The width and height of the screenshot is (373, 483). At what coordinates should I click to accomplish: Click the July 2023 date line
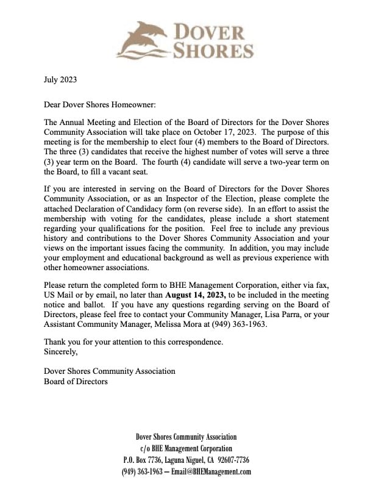61,79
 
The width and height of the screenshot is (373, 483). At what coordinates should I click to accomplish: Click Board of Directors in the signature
76,381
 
